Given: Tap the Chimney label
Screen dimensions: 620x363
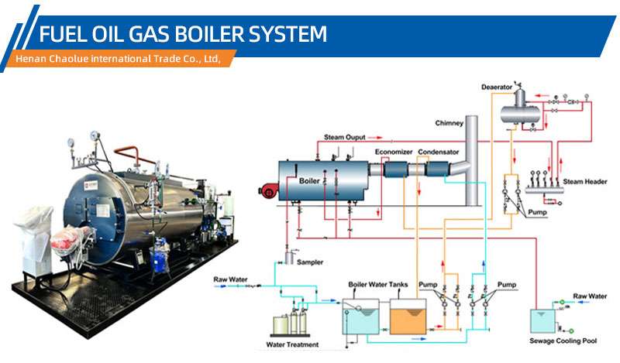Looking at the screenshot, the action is (x=449, y=123).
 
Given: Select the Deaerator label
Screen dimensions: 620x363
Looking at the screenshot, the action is (x=497, y=87).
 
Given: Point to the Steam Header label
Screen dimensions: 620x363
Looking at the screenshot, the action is (x=585, y=182).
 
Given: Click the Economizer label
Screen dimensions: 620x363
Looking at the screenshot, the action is (x=394, y=152).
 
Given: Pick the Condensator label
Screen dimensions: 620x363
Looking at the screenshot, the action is (x=438, y=152).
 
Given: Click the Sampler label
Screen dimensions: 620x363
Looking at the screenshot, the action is (x=310, y=262).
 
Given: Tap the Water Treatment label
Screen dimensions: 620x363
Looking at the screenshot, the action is (x=292, y=345).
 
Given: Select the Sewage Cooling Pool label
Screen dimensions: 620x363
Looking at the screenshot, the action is (x=563, y=341).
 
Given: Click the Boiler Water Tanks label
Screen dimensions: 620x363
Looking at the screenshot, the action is (x=377, y=284).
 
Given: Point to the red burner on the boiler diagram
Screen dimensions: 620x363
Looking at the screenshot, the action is (x=268, y=190).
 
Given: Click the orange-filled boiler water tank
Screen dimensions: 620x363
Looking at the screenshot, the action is (x=408, y=317).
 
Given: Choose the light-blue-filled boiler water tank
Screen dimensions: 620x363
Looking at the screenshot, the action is (x=360, y=317).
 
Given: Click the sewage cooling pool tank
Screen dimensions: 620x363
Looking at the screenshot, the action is (x=542, y=321).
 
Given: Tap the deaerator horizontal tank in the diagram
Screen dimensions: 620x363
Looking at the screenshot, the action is (x=520, y=115).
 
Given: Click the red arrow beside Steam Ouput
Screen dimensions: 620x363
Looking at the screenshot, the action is (x=375, y=138).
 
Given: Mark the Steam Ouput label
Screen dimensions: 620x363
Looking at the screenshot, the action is (x=344, y=138).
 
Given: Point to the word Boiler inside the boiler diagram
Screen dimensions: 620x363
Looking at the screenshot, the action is (x=309, y=181).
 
